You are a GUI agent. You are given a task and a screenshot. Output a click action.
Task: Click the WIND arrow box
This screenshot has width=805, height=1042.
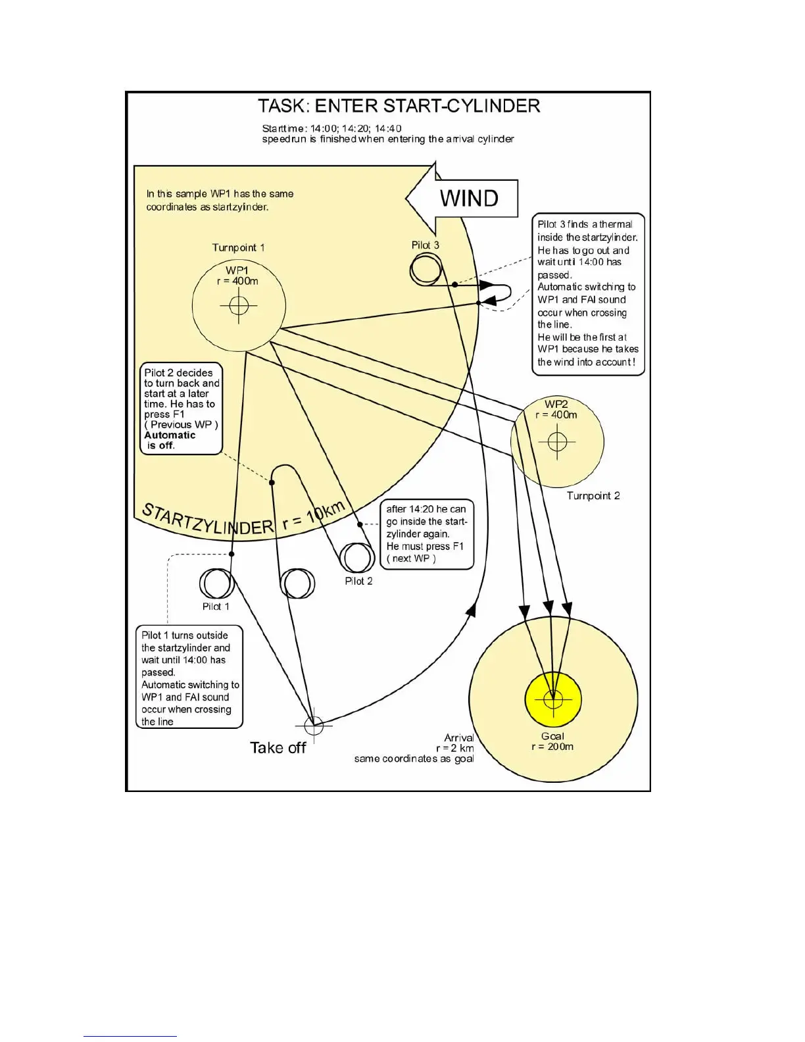[x=468, y=198]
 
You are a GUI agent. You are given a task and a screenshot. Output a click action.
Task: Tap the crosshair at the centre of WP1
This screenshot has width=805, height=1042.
[x=239, y=305]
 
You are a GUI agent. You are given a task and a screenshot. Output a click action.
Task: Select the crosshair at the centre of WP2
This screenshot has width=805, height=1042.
[x=557, y=441]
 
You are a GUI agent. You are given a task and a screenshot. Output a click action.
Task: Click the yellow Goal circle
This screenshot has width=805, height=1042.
[x=553, y=699]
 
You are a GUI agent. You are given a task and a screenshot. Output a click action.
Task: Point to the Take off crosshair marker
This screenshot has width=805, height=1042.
[x=314, y=725]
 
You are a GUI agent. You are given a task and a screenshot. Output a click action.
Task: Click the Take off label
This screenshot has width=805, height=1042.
[x=278, y=748]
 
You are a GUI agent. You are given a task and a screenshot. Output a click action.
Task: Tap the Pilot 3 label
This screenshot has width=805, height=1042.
[x=425, y=245]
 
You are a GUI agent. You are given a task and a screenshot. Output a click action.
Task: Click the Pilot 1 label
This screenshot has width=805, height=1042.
[x=216, y=607]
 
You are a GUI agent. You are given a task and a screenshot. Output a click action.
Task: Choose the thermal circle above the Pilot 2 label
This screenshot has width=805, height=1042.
[x=357, y=558]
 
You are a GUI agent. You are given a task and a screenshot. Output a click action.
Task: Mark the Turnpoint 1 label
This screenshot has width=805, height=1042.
[x=238, y=248]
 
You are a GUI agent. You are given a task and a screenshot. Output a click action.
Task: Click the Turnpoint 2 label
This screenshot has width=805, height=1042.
[x=593, y=496]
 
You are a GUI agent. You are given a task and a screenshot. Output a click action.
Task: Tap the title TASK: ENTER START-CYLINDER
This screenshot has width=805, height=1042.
[x=399, y=106]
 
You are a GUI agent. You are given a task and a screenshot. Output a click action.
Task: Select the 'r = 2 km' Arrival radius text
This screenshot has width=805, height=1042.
[x=454, y=748]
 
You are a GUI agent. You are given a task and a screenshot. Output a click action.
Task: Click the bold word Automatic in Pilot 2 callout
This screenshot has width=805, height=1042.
[x=170, y=435]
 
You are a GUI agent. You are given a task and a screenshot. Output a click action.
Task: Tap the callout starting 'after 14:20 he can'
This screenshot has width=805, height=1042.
[x=426, y=533]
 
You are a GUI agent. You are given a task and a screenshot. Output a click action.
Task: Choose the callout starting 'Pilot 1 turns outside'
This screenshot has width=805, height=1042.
[x=189, y=678]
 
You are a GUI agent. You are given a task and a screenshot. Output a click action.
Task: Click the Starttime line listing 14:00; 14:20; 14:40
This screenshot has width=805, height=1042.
[x=331, y=128]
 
